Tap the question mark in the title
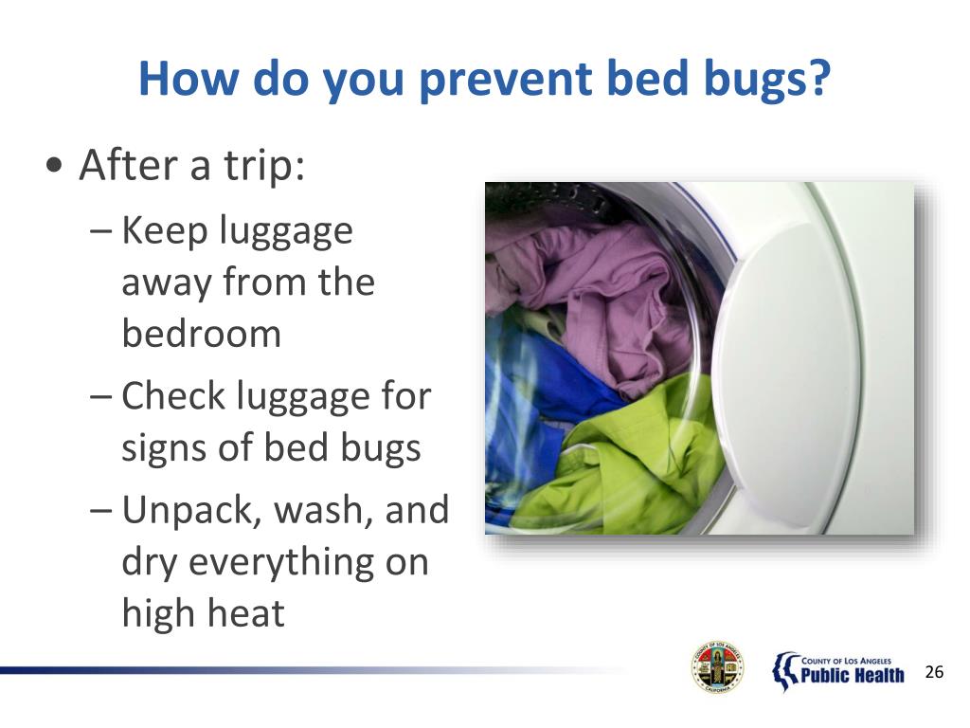[x=817, y=81]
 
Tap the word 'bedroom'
[x=201, y=334]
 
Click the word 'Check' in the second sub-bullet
[x=173, y=396]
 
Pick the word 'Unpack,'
[x=192, y=511]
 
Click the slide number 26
[x=934, y=673]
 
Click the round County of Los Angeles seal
[x=717, y=667]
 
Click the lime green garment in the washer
[x=625, y=455]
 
